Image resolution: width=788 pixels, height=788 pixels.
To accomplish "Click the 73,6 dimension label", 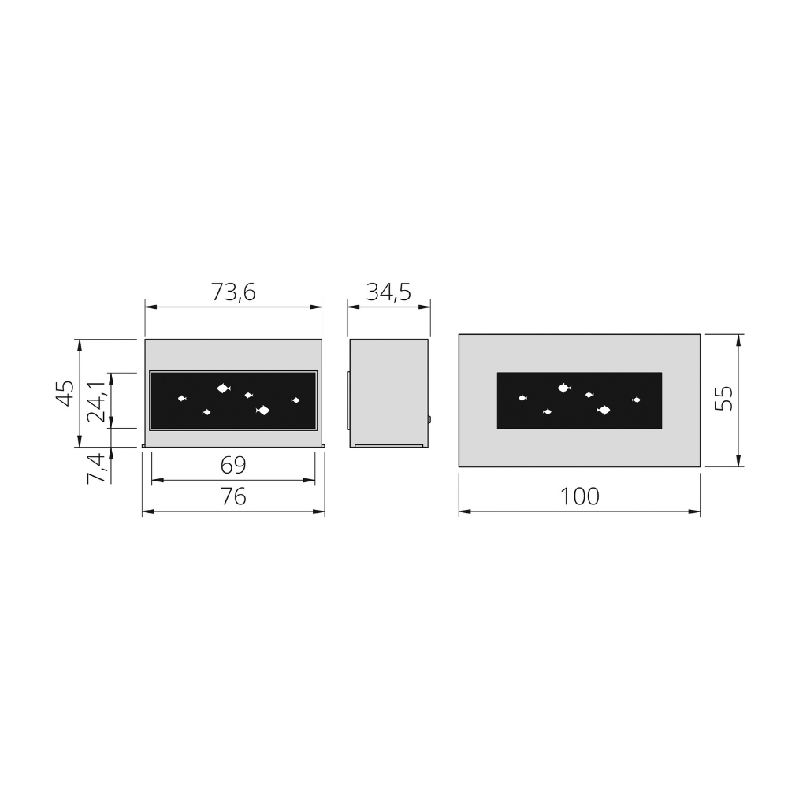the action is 233,292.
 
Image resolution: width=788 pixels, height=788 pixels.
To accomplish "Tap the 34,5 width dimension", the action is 388,292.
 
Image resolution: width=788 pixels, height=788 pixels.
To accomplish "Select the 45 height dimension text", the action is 65,393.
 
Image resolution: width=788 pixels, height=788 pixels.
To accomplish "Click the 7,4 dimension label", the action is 96,468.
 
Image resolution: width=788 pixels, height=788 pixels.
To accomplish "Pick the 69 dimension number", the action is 233,466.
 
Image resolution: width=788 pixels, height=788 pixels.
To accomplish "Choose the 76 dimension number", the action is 233,497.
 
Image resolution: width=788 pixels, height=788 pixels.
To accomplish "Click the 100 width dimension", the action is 579,496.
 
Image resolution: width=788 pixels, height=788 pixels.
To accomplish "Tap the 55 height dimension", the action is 723,399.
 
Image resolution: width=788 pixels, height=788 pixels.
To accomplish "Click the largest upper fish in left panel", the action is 224,388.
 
